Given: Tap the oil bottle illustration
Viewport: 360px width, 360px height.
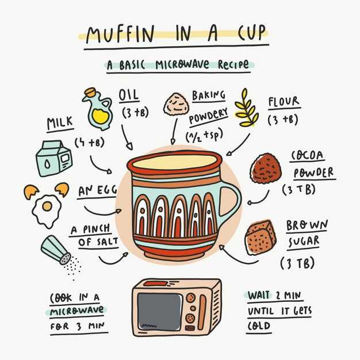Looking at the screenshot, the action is tap(98, 109).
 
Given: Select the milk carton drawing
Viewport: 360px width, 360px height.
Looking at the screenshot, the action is tap(53, 158).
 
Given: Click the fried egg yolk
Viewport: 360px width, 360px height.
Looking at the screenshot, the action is tap(47, 206).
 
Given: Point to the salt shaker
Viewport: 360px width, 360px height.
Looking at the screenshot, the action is tap(56, 250).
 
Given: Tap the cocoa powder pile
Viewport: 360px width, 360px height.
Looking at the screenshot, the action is tap(266, 168).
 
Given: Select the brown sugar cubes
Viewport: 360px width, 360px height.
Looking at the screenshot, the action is tap(261, 238).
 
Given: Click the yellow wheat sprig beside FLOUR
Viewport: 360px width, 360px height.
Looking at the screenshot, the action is tap(247, 108).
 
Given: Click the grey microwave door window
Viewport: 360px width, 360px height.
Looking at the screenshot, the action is tap(159, 312).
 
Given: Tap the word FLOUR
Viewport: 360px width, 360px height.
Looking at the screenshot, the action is tap(284, 101).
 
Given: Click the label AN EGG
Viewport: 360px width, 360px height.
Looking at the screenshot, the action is tap(97, 190).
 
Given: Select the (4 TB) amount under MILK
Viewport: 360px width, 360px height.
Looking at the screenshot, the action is tap(90, 143).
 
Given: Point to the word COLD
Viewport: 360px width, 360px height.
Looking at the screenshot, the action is tap(259, 326).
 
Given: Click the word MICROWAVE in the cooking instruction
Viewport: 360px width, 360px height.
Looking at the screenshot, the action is tap(77, 311).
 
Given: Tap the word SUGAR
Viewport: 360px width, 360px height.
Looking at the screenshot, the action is tap(304, 242).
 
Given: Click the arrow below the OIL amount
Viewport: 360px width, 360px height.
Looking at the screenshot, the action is tap(127, 137).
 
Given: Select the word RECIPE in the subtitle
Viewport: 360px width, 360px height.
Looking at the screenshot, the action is tap(233, 64).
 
